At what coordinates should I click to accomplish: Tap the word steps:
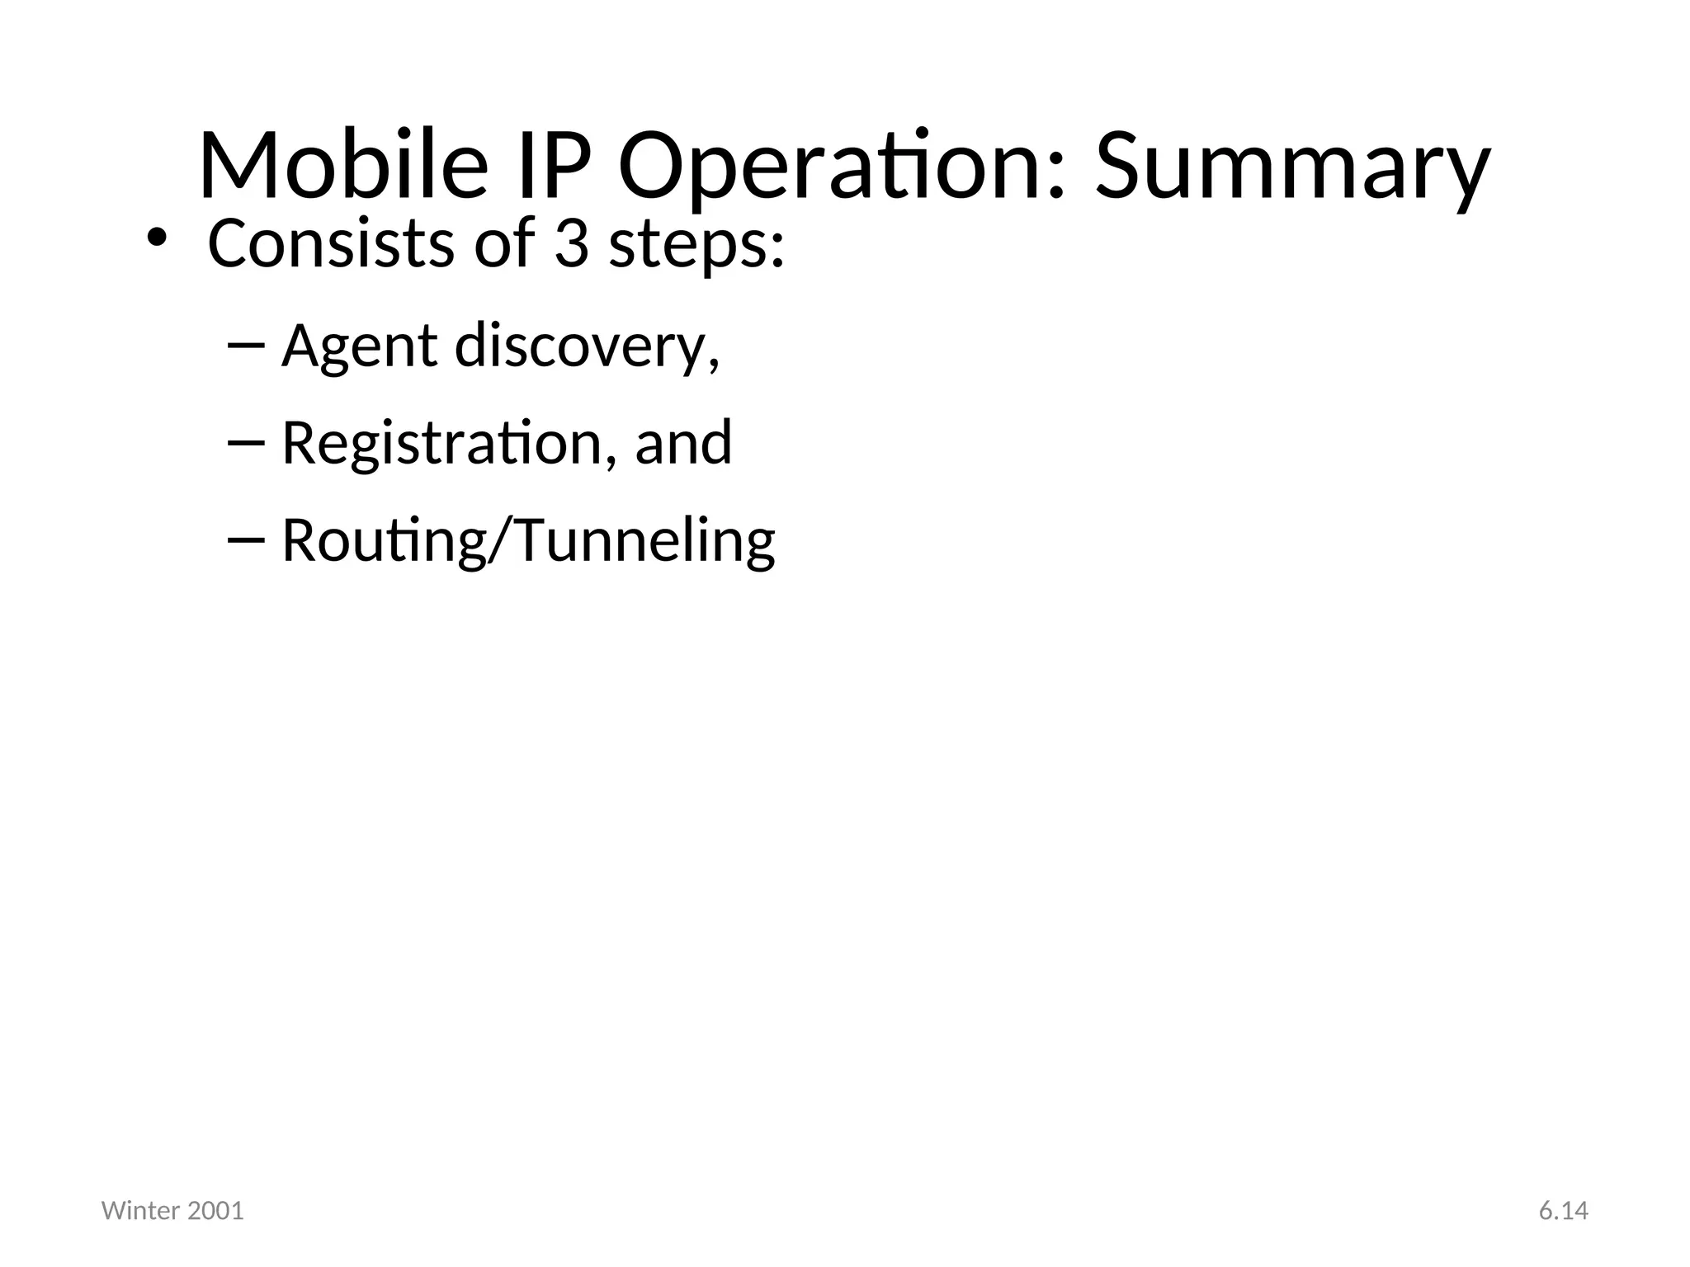click(696, 245)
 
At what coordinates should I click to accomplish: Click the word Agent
click(359, 346)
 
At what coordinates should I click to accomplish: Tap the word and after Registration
click(683, 443)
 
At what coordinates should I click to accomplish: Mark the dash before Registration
click(245, 443)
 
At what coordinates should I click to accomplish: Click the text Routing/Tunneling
click(528, 541)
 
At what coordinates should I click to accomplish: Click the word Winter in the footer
click(140, 1211)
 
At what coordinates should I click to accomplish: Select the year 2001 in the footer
click(216, 1211)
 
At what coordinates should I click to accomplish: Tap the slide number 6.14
click(1563, 1211)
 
